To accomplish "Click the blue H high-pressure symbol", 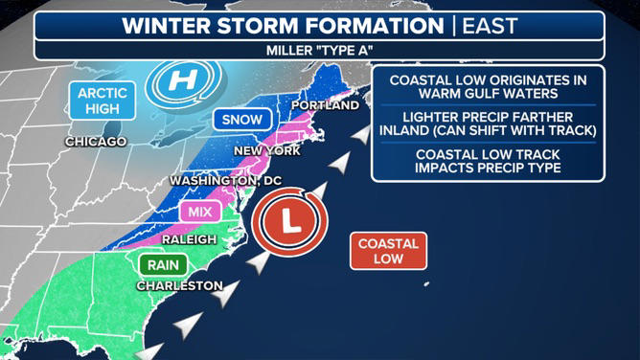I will click(x=181, y=82).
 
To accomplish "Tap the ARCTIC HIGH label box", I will click(x=103, y=101).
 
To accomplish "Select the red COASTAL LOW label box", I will click(x=388, y=251).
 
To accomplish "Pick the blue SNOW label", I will click(x=243, y=120).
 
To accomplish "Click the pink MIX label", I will click(x=200, y=212).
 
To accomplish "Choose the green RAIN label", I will click(x=164, y=265).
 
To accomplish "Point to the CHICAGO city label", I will click(x=96, y=142).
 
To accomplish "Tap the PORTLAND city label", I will click(x=326, y=104).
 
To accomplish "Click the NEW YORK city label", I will click(x=267, y=151).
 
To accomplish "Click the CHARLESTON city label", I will click(x=179, y=285).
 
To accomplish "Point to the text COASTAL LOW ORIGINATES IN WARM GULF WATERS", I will click(x=487, y=86).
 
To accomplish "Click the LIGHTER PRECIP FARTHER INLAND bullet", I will click(x=487, y=124).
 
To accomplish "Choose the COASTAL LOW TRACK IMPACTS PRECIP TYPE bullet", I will click(x=487, y=161).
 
